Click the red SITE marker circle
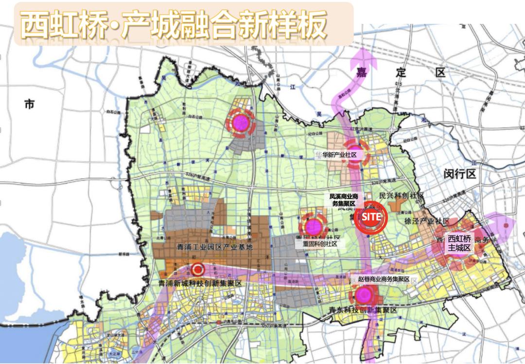click(x=370, y=217)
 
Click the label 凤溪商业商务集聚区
click(x=344, y=200)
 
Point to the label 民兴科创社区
click(x=401, y=196)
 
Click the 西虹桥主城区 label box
click(x=460, y=243)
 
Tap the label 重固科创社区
click(x=319, y=244)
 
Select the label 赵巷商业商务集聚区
click(x=380, y=280)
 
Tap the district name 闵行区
click(x=460, y=174)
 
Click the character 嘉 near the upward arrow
click(x=361, y=73)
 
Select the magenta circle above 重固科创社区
click(x=314, y=226)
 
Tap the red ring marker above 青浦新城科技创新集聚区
click(x=197, y=269)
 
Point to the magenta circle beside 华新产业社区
click(x=356, y=150)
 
